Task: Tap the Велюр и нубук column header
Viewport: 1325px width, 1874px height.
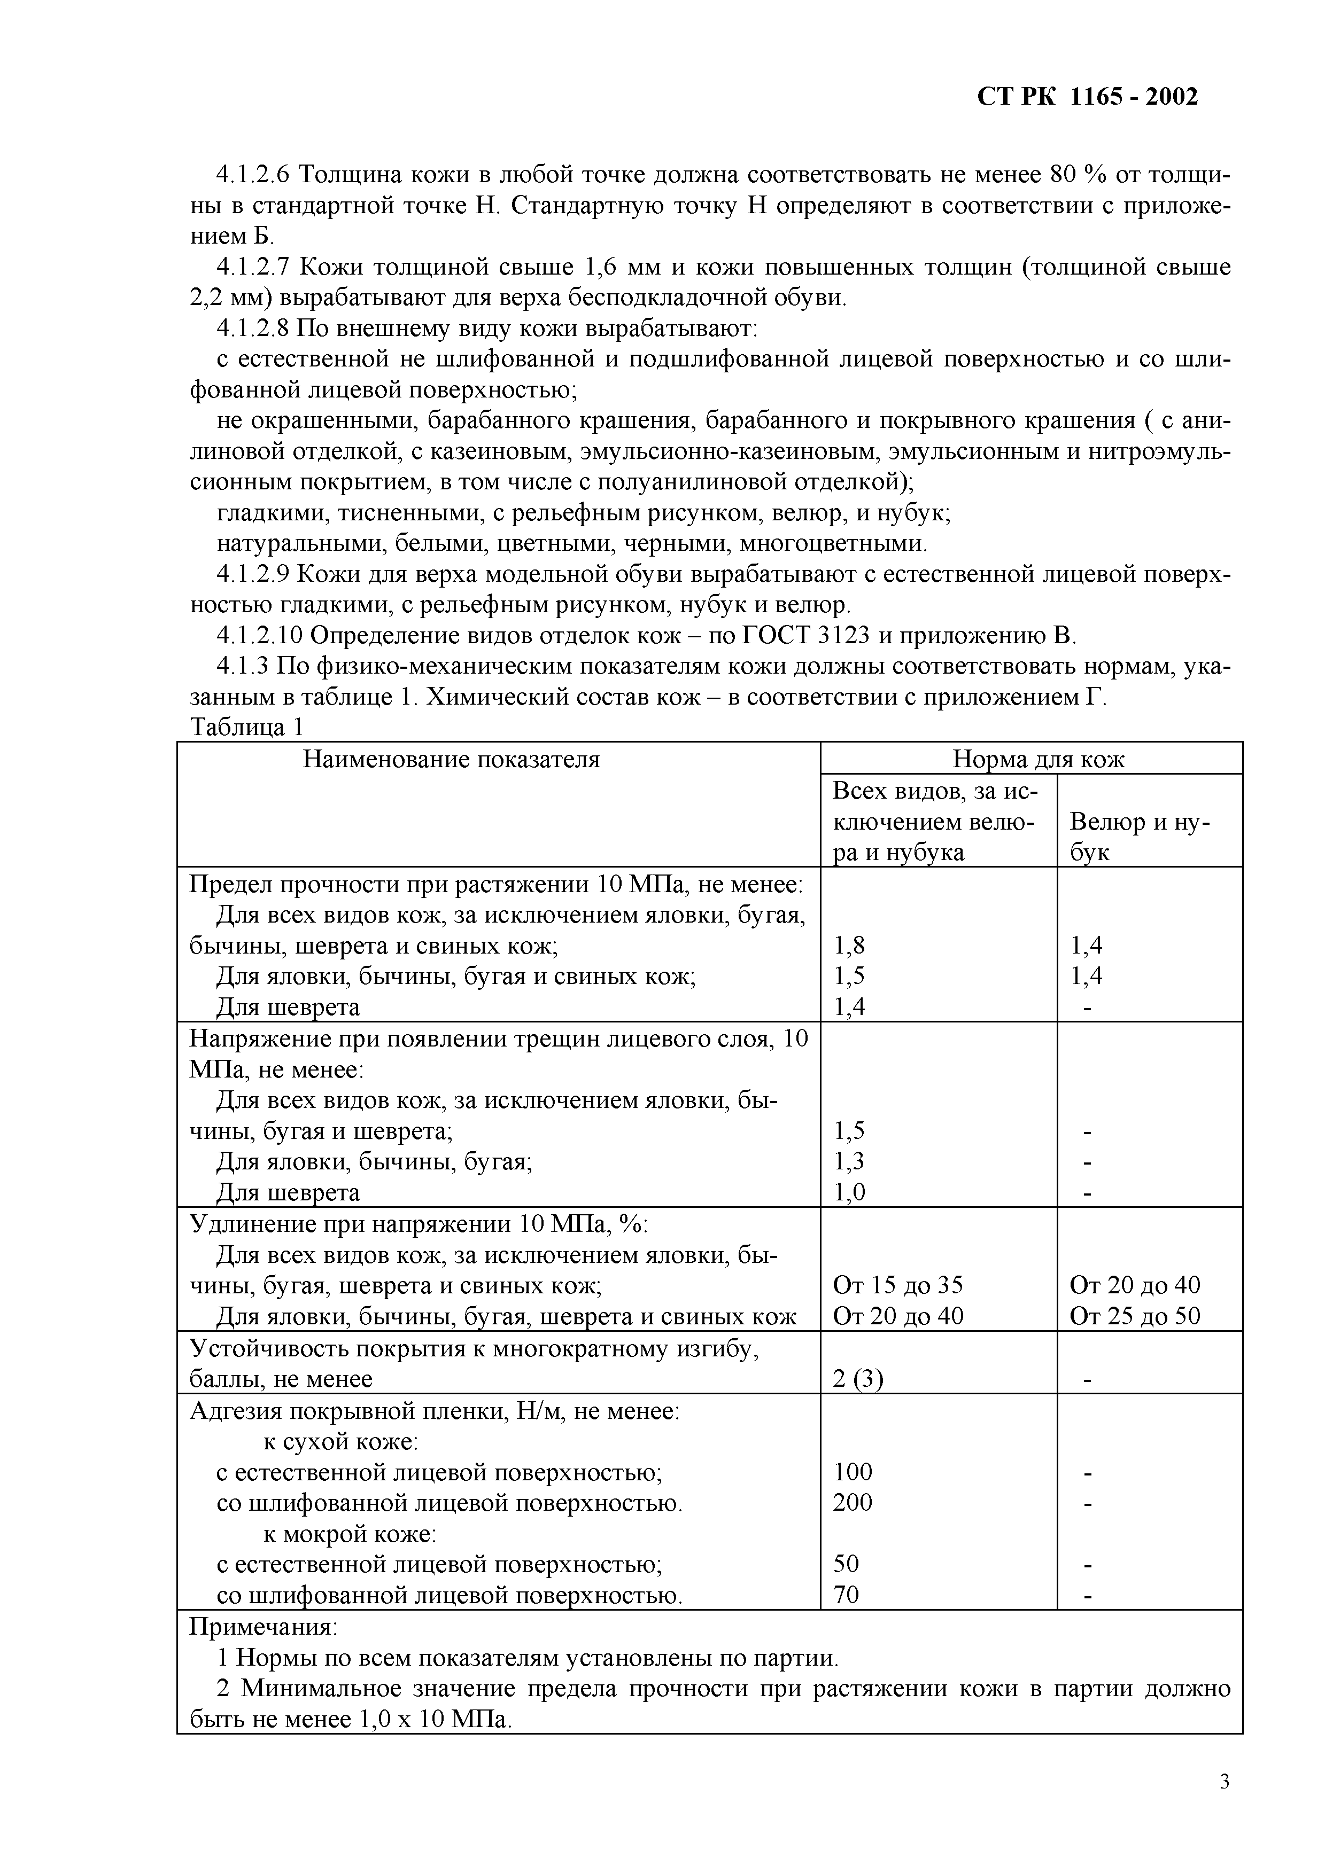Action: (x=1139, y=837)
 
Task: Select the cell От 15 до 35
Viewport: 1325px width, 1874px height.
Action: (x=897, y=1285)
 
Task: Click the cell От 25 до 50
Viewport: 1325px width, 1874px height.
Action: (x=1135, y=1316)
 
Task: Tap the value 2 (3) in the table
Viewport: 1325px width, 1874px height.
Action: (x=857, y=1379)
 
